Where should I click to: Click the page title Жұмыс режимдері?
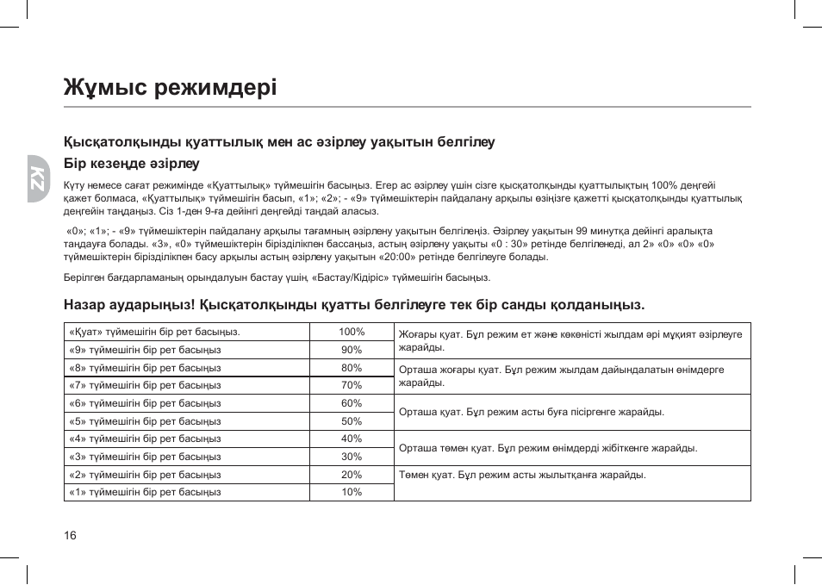[x=170, y=87]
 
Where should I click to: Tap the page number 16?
[x=71, y=536]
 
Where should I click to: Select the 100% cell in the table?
[x=352, y=332]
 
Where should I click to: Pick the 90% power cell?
[x=352, y=350]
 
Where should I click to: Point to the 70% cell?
[x=352, y=385]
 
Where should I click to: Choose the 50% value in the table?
[x=352, y=421]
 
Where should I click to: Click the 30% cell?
[x=352, y=457]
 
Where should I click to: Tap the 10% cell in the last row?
[x=352, y=492]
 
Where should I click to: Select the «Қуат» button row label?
[x=154, y=332]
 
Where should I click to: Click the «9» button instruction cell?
[x=145, y=350]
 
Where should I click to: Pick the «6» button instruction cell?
[x=145, y=403]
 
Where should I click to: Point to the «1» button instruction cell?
[x=145, y=492]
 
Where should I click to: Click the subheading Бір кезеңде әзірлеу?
[x=131, y=164]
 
